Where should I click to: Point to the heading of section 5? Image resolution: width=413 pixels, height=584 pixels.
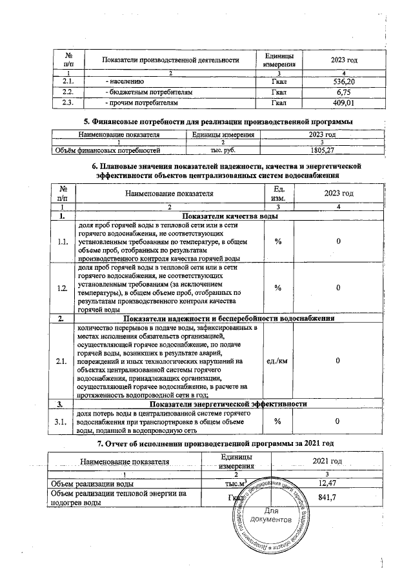[x=219, y=122]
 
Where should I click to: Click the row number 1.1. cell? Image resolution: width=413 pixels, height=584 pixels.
[x=63, y=241]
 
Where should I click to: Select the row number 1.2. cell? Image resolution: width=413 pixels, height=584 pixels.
[x=63, y=288]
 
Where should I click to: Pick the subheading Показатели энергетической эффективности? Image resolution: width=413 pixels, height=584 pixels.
[x=228, y=403]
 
